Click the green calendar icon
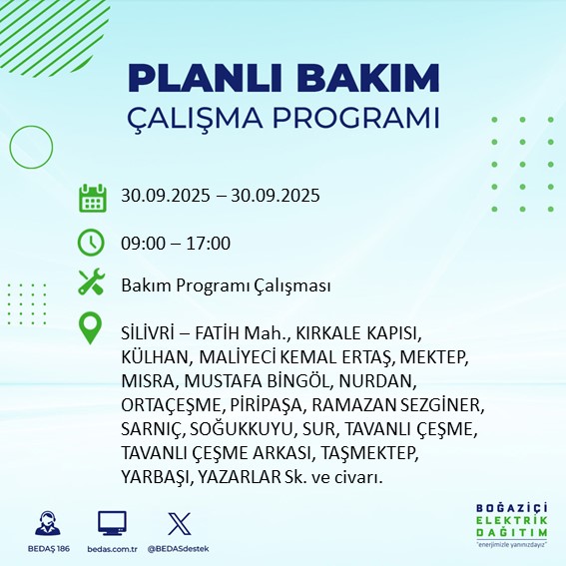[92, 197]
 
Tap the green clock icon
[92, 243]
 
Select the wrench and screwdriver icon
[92, 284]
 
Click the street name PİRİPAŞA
[258, 405]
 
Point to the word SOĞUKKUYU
[245, 430]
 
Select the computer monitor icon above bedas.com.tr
[112, 523]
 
